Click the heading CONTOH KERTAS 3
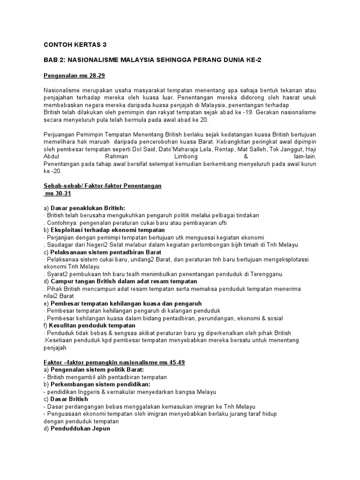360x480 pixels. tap(75, 45)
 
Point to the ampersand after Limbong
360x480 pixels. tap(246, 156)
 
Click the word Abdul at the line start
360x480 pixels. tap(51, 156)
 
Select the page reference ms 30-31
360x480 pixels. tap(58, 193)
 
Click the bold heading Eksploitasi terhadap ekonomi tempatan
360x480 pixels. tap(107, 230)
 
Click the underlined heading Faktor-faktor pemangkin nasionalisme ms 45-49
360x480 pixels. tap(114, 362)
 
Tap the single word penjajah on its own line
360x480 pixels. tap(55, 348)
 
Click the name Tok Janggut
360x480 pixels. tap(269, 149)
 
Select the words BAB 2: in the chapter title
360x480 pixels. tap(52, 60)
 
